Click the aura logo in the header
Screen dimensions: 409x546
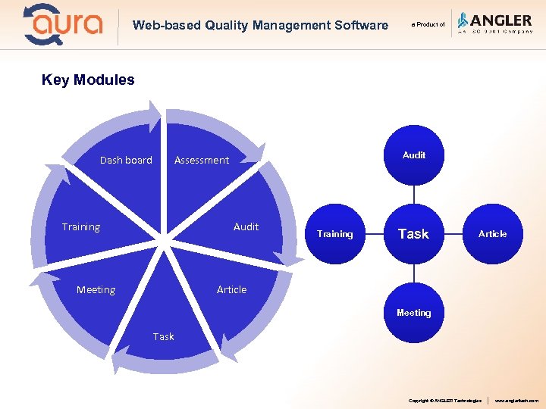click(63, 24)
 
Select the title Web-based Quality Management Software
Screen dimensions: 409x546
click(260, 25)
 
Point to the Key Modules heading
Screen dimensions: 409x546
click(88, 80)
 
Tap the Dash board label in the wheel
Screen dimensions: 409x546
click(126, 160)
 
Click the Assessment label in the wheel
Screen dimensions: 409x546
click(201, 160)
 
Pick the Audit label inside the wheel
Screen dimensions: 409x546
click(246, 226)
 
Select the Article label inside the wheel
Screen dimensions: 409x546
click(231, 289)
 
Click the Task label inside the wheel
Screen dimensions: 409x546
click(163, 336)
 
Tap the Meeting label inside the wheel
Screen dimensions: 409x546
click(96, 289)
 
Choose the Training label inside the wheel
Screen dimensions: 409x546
click(80, 226)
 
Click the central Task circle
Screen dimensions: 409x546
click(413, 234)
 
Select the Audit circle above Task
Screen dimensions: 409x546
click(413, 155)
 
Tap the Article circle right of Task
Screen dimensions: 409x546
click(492, 234)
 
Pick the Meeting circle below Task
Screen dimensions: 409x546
click(413, 312)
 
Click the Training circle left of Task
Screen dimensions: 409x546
click(335, 234)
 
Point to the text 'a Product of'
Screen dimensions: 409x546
click(428, 25)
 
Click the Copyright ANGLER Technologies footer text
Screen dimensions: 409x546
click(444, 400)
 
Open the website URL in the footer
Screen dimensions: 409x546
click(516, 400)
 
